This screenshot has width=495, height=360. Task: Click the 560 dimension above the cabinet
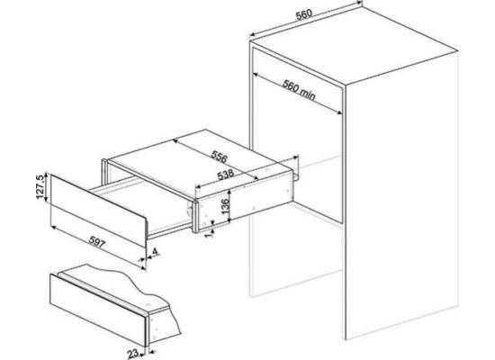coord(304,14)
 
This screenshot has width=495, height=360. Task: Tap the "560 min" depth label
coord(299,90)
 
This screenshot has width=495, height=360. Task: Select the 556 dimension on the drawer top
coord(219,157)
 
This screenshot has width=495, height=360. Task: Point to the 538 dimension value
coord(225,175)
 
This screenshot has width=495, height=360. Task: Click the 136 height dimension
coord(225,206)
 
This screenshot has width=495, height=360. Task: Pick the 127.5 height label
coord(40,186)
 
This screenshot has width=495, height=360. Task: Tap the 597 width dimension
coord(97,242)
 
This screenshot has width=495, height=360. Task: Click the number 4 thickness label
coord(155,252)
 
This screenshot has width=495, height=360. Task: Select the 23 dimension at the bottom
coord(133,354)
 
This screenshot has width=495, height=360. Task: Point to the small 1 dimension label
coord(209,235)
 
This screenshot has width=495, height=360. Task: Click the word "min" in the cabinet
coord(307,94)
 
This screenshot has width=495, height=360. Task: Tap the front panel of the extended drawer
coord(98,211)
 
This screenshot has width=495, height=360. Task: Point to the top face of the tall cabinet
coord(354,44)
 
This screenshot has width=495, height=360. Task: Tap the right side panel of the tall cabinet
coord(401,196)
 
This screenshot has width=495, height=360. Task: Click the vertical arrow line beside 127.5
coord(47,187)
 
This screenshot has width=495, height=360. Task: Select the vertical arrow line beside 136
coord(230,205)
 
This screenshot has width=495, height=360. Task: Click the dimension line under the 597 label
coord(98,247)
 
